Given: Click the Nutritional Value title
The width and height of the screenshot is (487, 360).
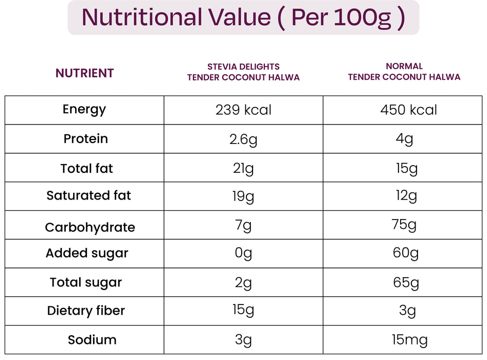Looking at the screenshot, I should click(243, 17).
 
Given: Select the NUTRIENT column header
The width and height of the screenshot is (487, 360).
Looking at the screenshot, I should click(84, 73).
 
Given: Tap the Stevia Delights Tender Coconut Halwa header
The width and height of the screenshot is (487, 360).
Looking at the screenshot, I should click(243, 72).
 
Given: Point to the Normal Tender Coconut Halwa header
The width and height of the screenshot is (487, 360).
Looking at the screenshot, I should click(404, 71).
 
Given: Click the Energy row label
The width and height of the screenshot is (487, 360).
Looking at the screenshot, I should click(84, 109).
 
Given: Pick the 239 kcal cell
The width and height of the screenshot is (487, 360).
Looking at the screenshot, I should click(243, 110).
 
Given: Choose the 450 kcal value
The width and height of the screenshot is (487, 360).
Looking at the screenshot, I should click(408, 110).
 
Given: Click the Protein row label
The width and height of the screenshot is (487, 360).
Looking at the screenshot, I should click(85, 139).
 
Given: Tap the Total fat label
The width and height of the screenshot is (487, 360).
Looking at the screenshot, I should click(86, 169).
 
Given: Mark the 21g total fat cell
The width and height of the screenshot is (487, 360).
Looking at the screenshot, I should click(243, 169).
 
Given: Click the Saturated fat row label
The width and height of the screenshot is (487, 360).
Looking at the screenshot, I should click(88, 195).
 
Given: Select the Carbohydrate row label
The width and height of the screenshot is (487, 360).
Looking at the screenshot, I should click(89, 227).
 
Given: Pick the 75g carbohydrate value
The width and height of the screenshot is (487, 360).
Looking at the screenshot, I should click(404, 225).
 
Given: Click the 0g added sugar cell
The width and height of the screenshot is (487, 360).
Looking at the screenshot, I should click(243, 254).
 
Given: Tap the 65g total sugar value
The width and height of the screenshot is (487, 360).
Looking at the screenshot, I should click(406, 282).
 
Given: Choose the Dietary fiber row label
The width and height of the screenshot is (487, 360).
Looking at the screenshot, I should click(86, 311).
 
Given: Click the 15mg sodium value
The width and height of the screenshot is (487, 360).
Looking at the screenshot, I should click(409, 340).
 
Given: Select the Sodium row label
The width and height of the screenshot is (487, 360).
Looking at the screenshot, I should click(92, 340).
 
